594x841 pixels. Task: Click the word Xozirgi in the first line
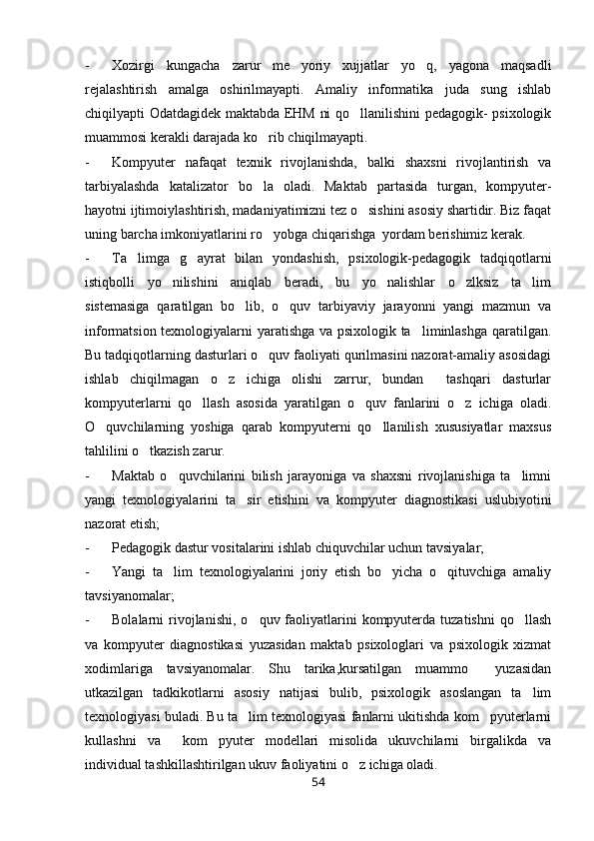click(x=140, y=66)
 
